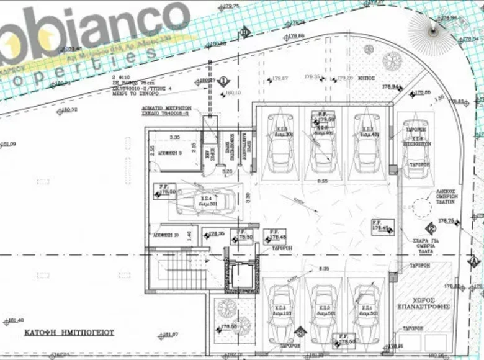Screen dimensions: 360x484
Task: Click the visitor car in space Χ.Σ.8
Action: pyautogui.click(x=415, y=147)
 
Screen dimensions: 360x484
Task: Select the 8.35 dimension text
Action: pyautogui.click(x=323, y=268)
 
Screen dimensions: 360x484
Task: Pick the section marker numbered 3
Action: pyautogui.click(x=300, y=332)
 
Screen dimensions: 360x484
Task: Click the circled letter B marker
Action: pyautogui.click(x=246, y=32)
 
